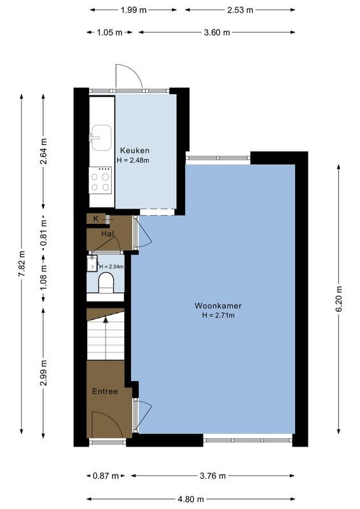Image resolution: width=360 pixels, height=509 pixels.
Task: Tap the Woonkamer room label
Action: [x=218, y=305]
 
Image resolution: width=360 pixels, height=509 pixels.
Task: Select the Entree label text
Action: [x=105, y=391]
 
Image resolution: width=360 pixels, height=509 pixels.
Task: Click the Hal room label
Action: [x=107, y=234]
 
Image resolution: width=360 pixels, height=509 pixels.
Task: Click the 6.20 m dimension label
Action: [x=338, y=298]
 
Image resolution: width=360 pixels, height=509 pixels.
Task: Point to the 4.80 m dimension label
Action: [x=191, y=499]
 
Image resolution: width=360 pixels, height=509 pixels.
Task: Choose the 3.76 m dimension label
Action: [x=213, y=475]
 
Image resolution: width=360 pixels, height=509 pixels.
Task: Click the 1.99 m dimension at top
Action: [x=134, y=10]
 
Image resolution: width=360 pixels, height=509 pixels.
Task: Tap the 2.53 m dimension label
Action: [x=240, y=10]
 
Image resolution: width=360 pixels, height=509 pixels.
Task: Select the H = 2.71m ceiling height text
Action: [x=218, y=315]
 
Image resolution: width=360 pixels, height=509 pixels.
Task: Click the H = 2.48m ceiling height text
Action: [x=133, y=160]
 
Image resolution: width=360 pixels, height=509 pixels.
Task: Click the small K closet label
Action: [x=96, y=219]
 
